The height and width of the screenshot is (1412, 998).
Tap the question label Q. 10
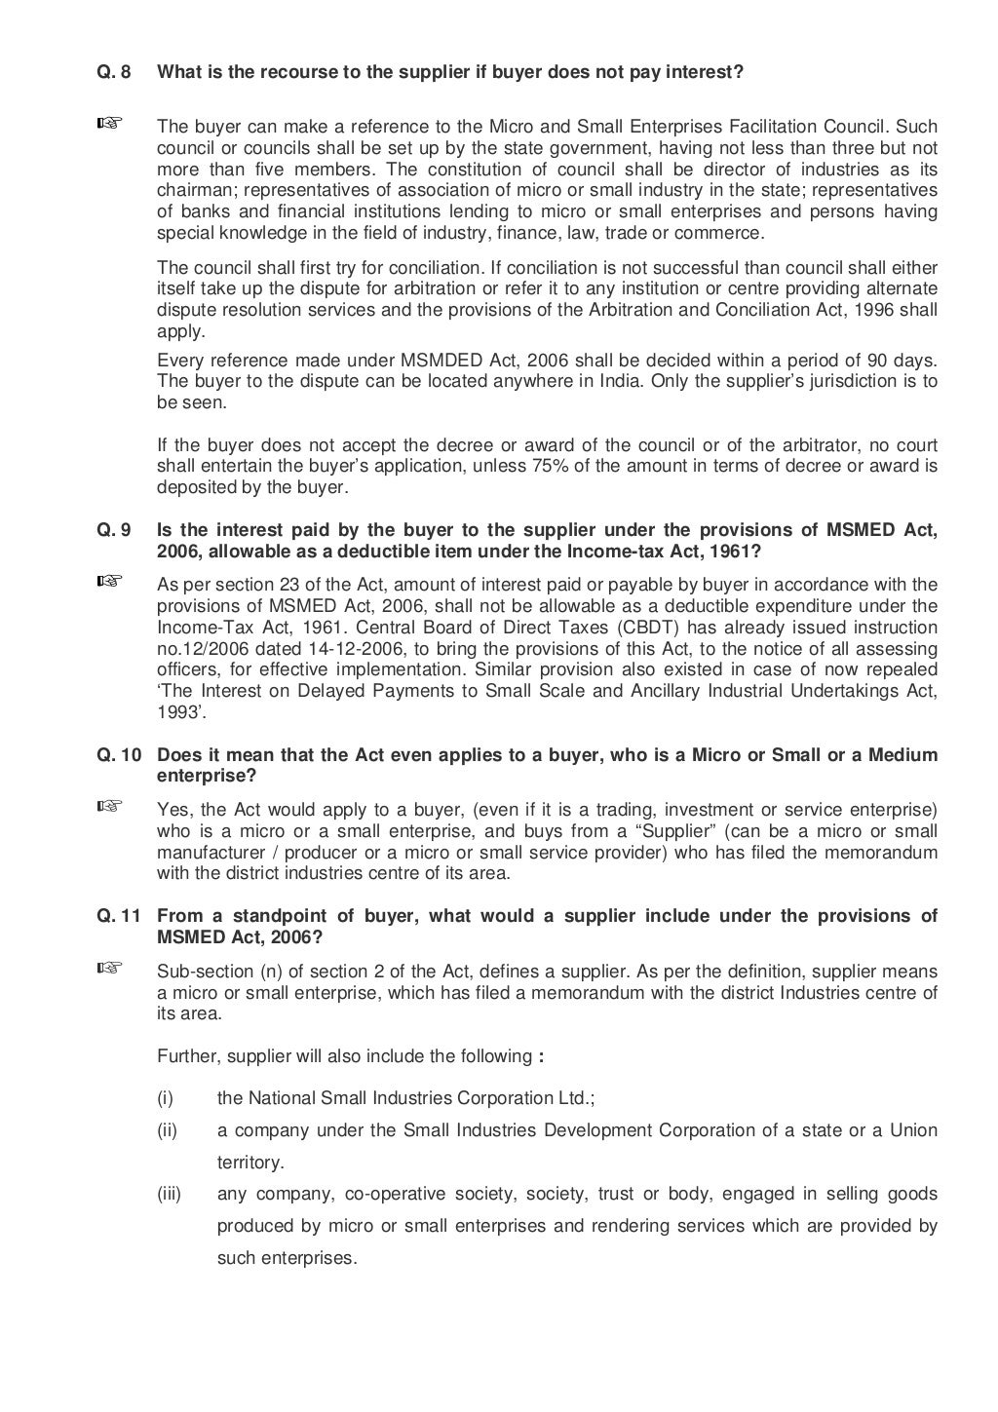pos(118,755)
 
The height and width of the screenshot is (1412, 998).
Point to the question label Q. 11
pos(118,916)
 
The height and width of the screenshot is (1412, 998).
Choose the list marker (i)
pos(165,1098)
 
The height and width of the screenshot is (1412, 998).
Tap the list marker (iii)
pos(170,1194)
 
